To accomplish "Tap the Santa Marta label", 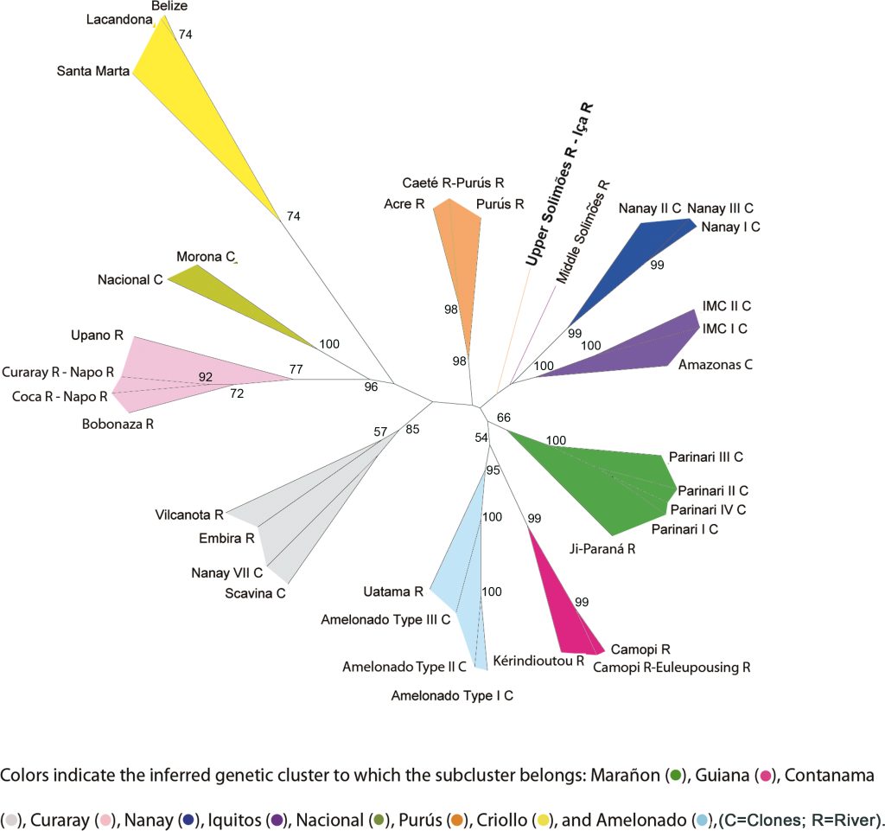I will (92, 72).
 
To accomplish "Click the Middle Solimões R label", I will (584, 233).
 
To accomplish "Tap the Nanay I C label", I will (730, 227).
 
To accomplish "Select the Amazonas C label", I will (716, 364).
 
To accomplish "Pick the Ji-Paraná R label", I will (602, 548).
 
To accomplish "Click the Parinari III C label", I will (706, 457).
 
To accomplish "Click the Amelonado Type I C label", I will (452, 694).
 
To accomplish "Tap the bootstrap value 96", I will (371, 387).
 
